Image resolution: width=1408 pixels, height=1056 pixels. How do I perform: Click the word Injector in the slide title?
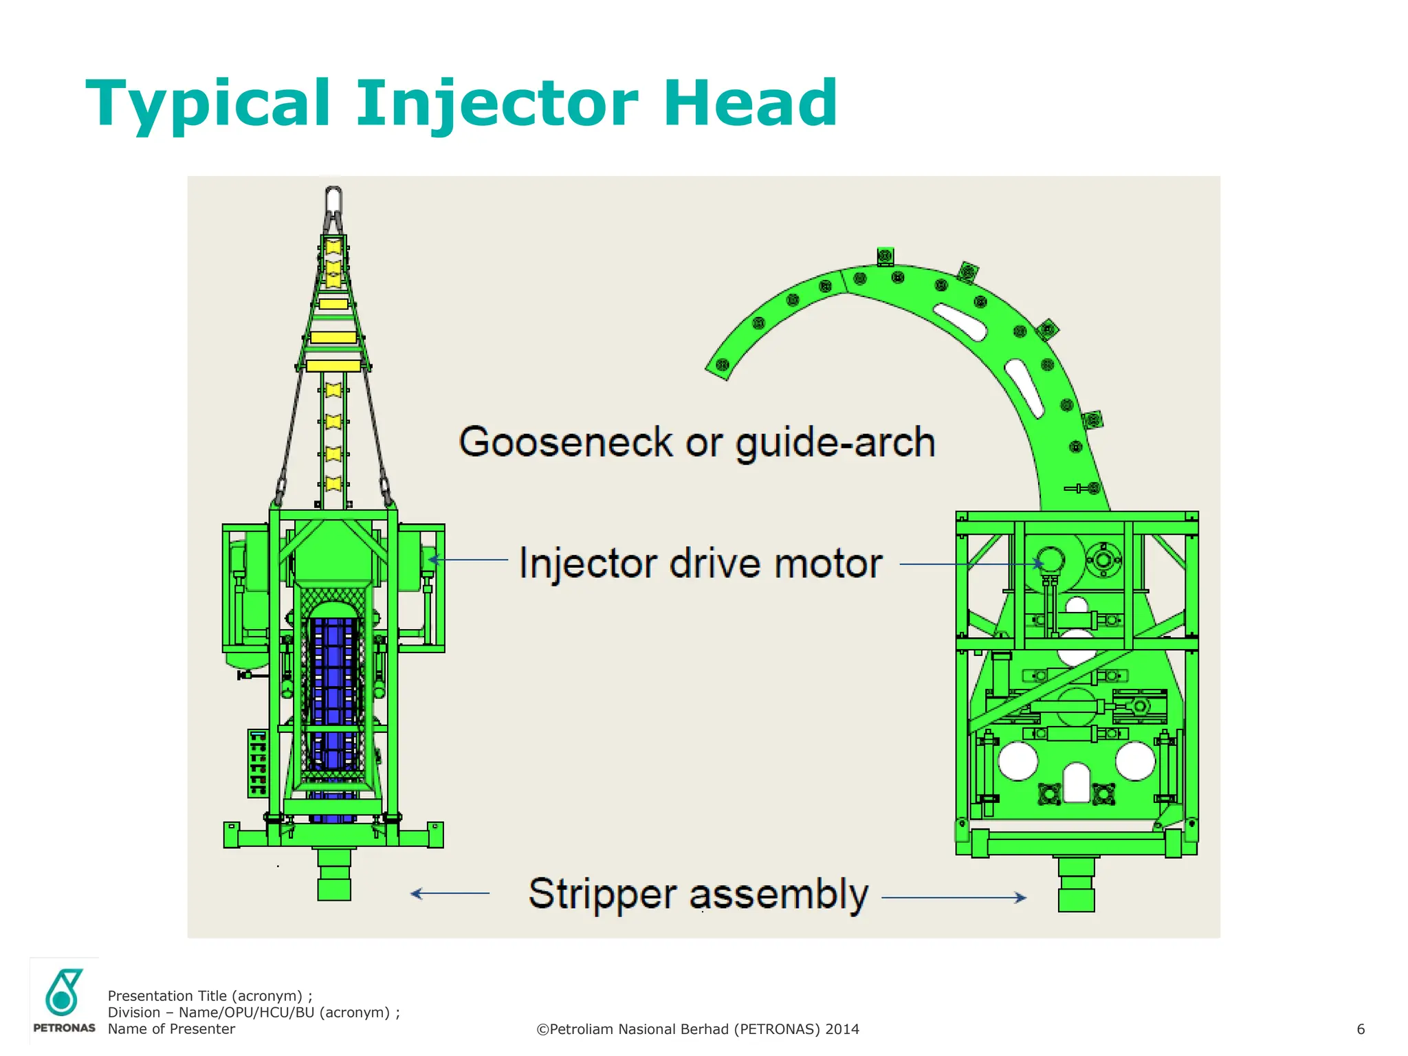(x=497, y=104)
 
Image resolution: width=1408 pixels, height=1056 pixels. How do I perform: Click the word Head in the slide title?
(x=749, y=104)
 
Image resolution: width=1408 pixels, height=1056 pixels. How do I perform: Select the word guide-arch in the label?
(x=835, y=443)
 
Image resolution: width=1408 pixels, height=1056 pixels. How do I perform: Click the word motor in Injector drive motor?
(x=828, y=564)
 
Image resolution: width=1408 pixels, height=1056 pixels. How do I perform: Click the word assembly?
(x=778, y=894)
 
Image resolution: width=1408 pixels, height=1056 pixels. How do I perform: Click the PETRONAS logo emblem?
(x=63, y=992)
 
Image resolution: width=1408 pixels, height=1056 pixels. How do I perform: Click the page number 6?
(x=1360, y=1029)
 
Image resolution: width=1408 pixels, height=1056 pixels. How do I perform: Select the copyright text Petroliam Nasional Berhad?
(x=697, y=1029)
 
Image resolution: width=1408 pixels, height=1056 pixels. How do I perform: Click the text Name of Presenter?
(x=171, y=1029)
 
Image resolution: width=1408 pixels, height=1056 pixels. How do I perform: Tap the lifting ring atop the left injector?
(x=333, y=200)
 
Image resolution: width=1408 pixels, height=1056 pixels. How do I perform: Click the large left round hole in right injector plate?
(x=1017, y=761)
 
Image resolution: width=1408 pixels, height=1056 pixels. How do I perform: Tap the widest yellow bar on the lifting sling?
(x=333, y=365)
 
